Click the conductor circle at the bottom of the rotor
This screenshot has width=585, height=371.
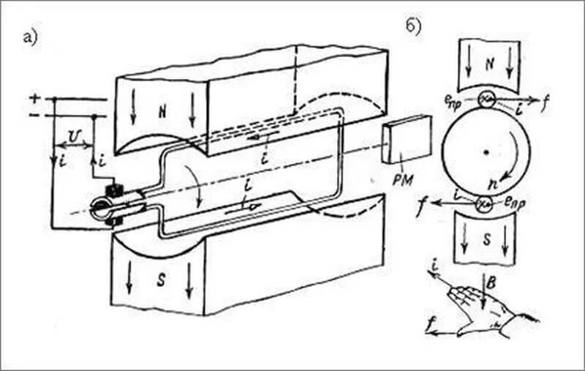(482, 205)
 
